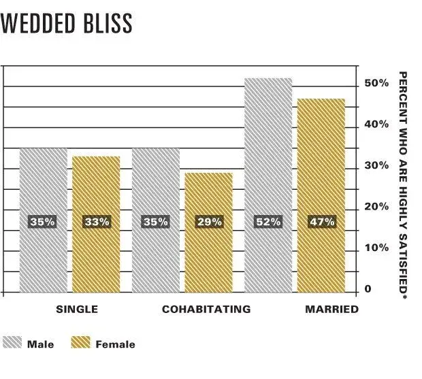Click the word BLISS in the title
pos(110,23)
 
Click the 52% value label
pos(267,222)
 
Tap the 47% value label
pos(321,222)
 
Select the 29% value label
pos(209,222)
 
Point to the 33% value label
pos(96,222)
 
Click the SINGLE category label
pos(76,309)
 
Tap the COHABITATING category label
pos(206,309)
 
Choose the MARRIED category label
pos(331,309)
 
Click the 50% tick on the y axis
pos(376,83)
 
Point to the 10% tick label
pos(376,248)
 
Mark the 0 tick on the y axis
pos(368,289)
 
